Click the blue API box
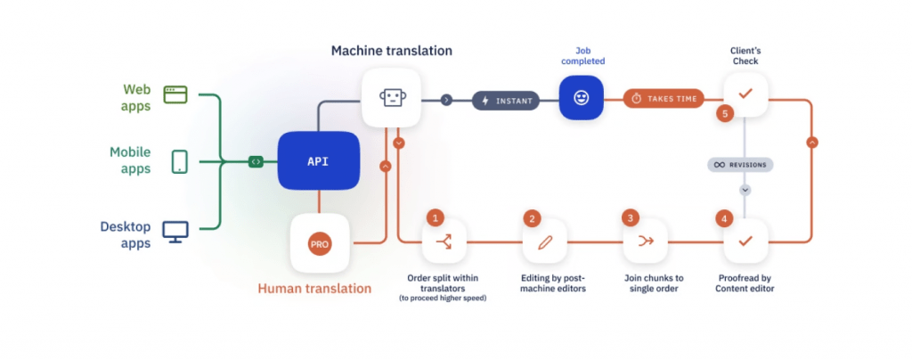coord(318,160)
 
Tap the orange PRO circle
coord(319,243)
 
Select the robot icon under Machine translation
coord(392,99)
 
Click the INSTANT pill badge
coord(507,100)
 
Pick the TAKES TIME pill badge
coord(664,99)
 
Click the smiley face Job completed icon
coord(581,98)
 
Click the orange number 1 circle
coord(435,217)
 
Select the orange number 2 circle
coord(533,217)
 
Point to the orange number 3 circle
coord(631,217)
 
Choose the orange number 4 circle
coord(725,217)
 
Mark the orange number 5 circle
coord(725,113)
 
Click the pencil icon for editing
coord(544,241)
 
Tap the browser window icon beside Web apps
coord(176,94)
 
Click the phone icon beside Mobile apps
coord(179,161)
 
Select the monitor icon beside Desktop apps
coord(175,231)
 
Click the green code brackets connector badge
coord(256,161)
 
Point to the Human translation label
coord(314,288)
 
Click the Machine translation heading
coord(392,51)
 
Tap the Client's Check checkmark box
coord(745,93)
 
